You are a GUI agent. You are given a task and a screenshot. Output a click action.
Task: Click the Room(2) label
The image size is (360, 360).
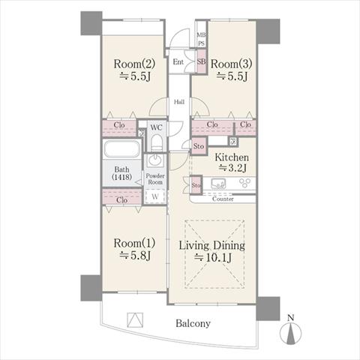pos(134,64)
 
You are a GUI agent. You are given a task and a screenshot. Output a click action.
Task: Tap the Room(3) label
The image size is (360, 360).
pos(231,64)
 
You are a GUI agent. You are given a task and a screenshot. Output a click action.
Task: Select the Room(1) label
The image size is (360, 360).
pos(134,243)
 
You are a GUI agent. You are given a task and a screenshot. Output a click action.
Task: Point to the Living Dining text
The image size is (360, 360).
pos(212,245)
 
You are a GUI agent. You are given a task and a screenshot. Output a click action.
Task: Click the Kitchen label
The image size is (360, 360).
pos(232,157)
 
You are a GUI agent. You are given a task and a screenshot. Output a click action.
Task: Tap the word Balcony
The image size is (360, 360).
pos(193,323)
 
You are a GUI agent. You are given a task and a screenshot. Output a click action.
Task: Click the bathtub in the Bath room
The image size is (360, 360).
pos(122,148)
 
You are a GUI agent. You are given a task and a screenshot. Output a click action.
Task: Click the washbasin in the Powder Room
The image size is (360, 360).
pos(155,160)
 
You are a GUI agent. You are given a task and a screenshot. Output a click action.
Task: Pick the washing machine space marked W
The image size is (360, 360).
pos(155,196)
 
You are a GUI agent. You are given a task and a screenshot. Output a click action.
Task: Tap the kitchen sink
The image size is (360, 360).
pos(218,184)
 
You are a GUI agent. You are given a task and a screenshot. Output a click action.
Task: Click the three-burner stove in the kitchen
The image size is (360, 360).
pos(244,183)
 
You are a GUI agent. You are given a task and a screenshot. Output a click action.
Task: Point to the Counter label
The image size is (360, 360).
pos(223,199)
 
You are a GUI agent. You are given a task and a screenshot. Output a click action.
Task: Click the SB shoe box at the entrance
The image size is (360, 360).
pos(201,61)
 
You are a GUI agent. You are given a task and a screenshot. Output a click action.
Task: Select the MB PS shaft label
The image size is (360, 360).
pos(202,39)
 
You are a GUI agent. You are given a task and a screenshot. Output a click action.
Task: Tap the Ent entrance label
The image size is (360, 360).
pos(178,61)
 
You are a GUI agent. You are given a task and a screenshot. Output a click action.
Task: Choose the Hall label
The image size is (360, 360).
pos(179,102)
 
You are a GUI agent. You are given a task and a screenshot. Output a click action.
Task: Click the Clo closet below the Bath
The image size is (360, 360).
pos(122,196)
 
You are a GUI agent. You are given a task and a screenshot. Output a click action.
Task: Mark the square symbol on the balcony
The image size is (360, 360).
pos(135,320)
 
